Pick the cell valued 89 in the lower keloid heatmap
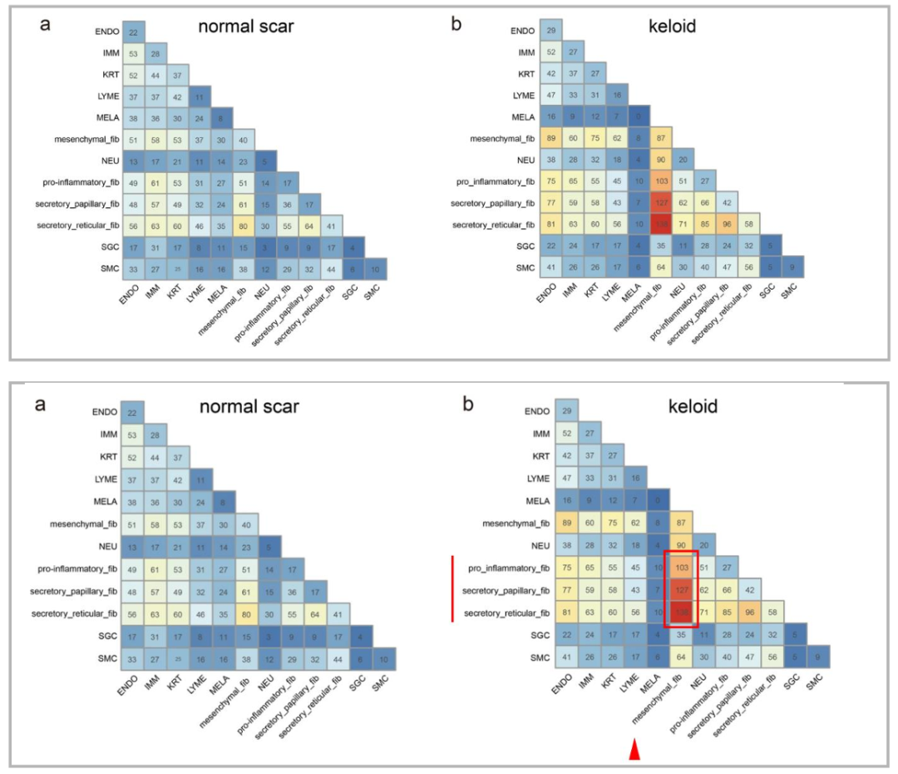tap(568, 523)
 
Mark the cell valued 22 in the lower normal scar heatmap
tap(133, 411)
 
